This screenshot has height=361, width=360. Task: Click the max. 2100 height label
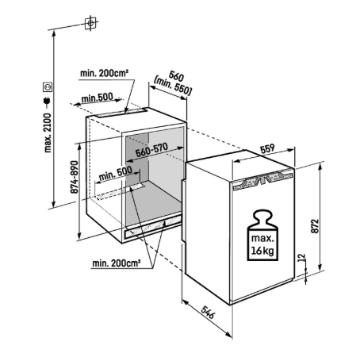tap(48, 132)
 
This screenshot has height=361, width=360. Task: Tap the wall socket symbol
tap(48, 86)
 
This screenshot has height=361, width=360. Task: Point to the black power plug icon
tap(48, 101)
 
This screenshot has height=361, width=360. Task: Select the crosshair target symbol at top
tap(90, 23)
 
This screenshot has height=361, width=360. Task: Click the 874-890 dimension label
tap(75, 177)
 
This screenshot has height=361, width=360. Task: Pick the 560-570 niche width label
tap(151, 150)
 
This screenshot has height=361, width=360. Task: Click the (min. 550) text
tap(173, 86)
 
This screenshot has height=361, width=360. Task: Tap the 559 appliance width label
tap(267, 148)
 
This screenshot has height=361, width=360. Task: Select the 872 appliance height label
tap(316, 226)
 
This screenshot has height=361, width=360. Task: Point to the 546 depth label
tap(208, 313)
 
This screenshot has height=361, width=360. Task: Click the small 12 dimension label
tap(302, 257)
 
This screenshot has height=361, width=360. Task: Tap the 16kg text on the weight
tap(262, 250)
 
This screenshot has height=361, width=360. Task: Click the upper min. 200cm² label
tap(105, 73)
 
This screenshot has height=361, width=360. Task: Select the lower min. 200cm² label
tap(117, 263)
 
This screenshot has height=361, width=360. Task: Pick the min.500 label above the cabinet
tap(97, 98)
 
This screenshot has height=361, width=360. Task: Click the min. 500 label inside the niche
tap(116, 174)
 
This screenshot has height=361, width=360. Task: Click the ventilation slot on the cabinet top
tap(121, 113)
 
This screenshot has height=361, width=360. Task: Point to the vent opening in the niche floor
tap(136, 187)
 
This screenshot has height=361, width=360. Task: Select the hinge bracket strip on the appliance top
tap(263, 180)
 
